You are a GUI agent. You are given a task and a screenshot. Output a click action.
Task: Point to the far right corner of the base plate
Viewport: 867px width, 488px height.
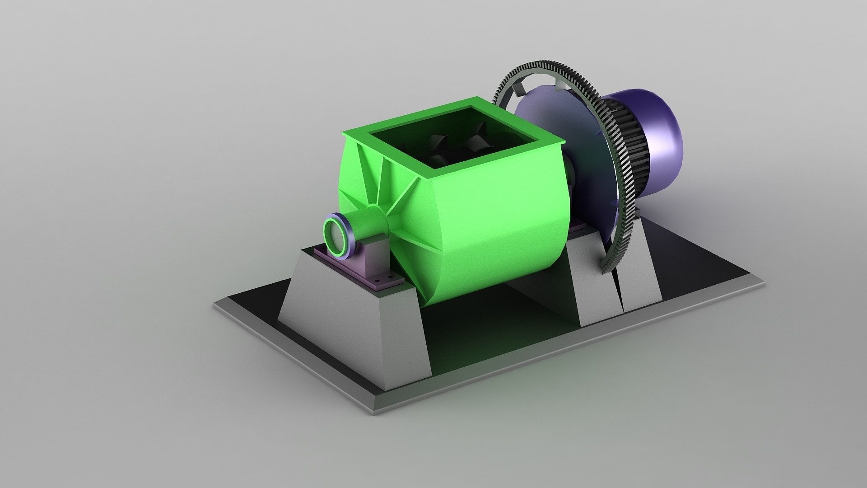click(x=764, y=284)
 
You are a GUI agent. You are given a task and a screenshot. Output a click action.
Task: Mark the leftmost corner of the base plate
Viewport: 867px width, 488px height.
click(x=214, y=304)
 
